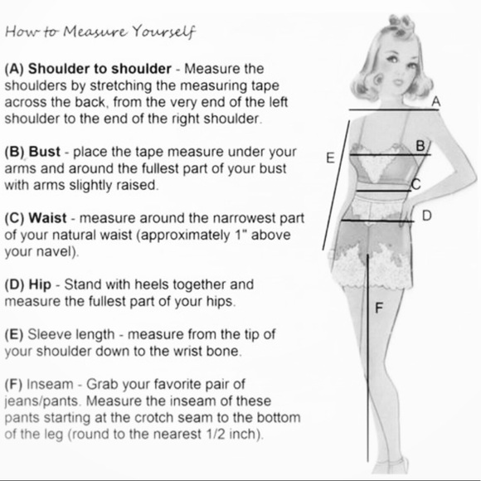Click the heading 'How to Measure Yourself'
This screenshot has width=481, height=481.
click(100, 32)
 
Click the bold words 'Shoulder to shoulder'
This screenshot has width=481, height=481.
click(100, 68)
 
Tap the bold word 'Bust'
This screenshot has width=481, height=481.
click(45, 152)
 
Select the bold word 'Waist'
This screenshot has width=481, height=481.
click(47, 218)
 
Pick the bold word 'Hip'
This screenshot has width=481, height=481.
click(40, 285)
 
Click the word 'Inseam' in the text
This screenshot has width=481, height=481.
click(50, 384)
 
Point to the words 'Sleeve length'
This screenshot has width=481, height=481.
click(71, 335)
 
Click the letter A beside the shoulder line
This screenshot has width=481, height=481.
click(436, 101)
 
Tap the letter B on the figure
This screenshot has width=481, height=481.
click(420, 145)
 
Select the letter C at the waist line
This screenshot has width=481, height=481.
click(416, 184)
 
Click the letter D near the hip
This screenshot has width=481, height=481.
click(427, 216)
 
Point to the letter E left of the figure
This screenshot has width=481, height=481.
click(330, 158)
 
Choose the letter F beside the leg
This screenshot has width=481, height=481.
click(380, 308)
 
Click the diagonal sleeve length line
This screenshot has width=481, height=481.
click(336, 185)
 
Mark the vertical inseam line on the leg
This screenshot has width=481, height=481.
click(368, 357)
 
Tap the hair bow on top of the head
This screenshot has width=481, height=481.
click(401, 25)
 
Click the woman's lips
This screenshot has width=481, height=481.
click(398, 82)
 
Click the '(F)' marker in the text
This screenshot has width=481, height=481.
click(13, 384)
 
